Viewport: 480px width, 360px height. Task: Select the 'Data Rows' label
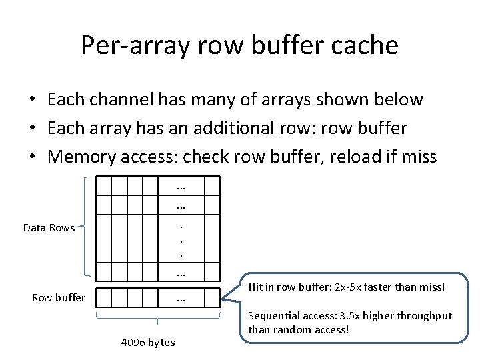[x=49, y=228]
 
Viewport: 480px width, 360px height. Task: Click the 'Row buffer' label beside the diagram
[x=59, y=297]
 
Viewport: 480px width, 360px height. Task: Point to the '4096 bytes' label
[x=148, y=342]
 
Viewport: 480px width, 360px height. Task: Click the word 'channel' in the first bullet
[x=142, y=99]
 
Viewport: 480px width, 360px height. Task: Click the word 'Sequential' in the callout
[x=273, y=316]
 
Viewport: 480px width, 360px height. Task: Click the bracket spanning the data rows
[x=87, y=227]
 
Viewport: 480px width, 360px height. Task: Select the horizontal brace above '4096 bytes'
[x=158, y=318]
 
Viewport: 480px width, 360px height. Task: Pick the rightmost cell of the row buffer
[x=211, y=298]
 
